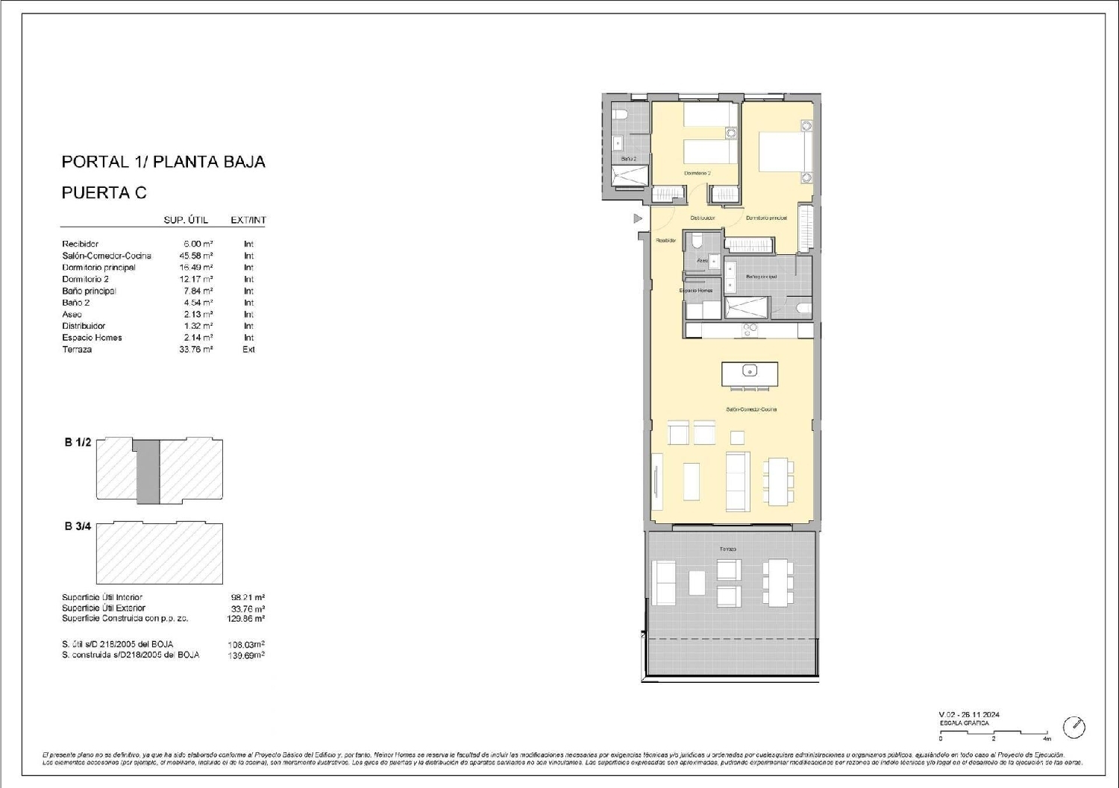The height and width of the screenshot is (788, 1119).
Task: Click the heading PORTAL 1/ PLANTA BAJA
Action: pos(163,162)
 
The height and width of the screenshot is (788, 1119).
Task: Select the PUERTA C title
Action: pos(104,192)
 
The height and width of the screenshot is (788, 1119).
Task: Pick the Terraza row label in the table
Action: pos(77,349)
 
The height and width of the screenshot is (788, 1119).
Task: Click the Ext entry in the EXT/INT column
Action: pos(248,349)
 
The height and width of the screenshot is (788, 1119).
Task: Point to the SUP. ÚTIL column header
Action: pos(186,220)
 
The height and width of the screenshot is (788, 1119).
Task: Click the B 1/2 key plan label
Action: pos(78,442)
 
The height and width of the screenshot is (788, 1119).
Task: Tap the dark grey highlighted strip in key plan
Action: pos(148,472)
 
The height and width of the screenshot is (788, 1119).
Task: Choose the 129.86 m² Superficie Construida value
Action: pos(245,619)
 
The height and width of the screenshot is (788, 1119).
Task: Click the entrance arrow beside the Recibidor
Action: pos(637,218)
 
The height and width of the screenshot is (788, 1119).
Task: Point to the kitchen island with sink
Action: pos(750,373)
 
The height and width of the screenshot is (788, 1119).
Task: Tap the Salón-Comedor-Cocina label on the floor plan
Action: pos(751,409)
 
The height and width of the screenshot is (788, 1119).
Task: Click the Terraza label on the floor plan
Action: pos(727,549)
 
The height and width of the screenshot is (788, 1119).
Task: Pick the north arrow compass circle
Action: pos(1074,727)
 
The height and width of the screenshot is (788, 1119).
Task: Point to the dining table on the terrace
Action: pos(777,581)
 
